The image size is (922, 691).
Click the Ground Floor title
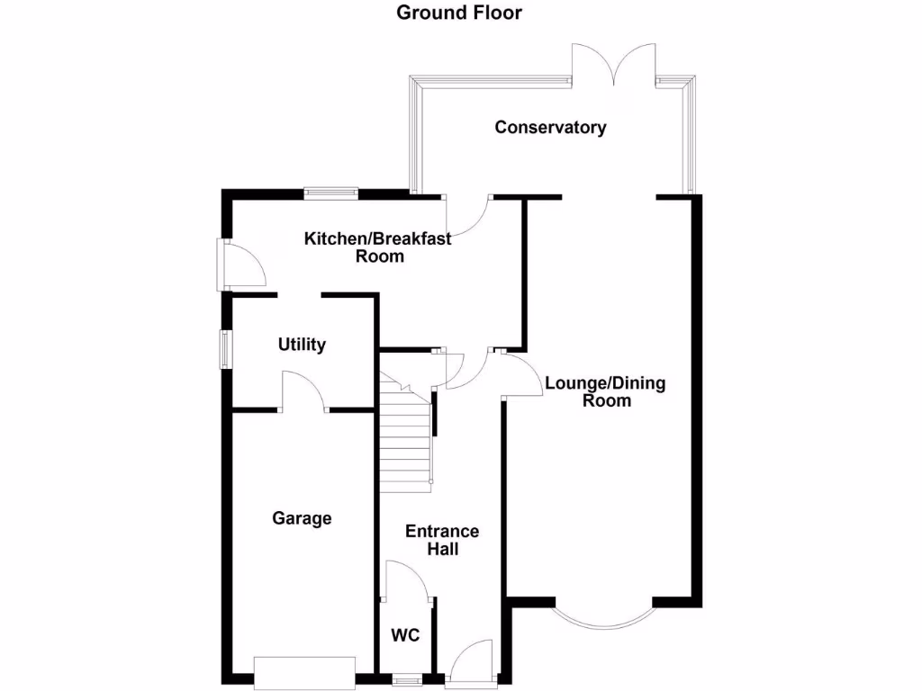[460, 13]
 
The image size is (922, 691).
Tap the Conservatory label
[550, 127]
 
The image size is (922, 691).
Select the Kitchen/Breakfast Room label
[378, 247]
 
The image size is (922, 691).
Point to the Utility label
[302, 345]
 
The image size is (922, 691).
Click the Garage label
[303, 518]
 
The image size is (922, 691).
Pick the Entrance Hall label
[442, 539]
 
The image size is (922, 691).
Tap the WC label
[405, 636]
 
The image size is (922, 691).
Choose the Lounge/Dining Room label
[606, 391]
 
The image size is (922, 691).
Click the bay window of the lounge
[602, 619]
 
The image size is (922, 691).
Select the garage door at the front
[305, 671]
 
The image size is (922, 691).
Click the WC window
[406, 680]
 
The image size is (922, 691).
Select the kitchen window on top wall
[330, 191]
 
